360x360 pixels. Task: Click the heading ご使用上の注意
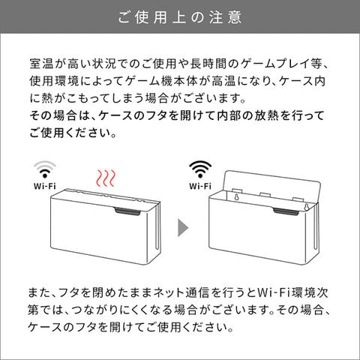pyautogui.click(x=180, y=17)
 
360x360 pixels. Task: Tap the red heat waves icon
pyautogui.click(x=106, y=178)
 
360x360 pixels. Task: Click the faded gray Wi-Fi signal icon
pyautogui.click(x=45, y=169)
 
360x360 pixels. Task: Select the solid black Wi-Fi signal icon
pyautogui.click(x=200, y=169)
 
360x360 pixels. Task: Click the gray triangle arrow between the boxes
pyautogui.click(x=183, y=228)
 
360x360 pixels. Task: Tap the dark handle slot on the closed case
pyautogui.click(x=128, y=211)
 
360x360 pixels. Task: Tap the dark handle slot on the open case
pyautogui.click(x=286, y=211)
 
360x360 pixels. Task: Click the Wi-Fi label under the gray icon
pyautogui.click(x=45, y=186)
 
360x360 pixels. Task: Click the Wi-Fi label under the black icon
pyautogui.click(x=200, y=186)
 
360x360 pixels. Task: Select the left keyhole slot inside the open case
pyautogui.click(x=236, y=197)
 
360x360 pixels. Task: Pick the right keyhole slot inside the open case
pyautogui.click(x=305, y=207)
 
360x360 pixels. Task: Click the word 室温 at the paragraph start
pyautogui.click(x=41, y=64)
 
